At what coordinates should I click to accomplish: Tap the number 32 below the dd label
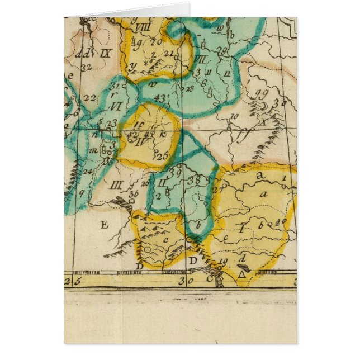pyautogui.click(x=86, y=66)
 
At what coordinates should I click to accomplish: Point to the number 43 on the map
pyautogui.click(x=160, y=98)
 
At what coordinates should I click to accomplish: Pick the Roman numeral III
pyautogui.click(x=116, y=184)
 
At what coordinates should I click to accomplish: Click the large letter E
pyautogui.click(x=102, y=225)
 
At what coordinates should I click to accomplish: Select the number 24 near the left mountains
pyautogui.click(x=87, y=171)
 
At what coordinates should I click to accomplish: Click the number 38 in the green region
pyautogui.click(x=195, y=180)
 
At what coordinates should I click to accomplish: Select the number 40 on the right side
pyautogui.click(x=281, y=220)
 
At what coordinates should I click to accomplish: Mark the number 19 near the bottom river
pyautogui.click(x=223, y=262)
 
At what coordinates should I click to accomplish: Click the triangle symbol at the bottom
pyautogui.click(x=242, y=274)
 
